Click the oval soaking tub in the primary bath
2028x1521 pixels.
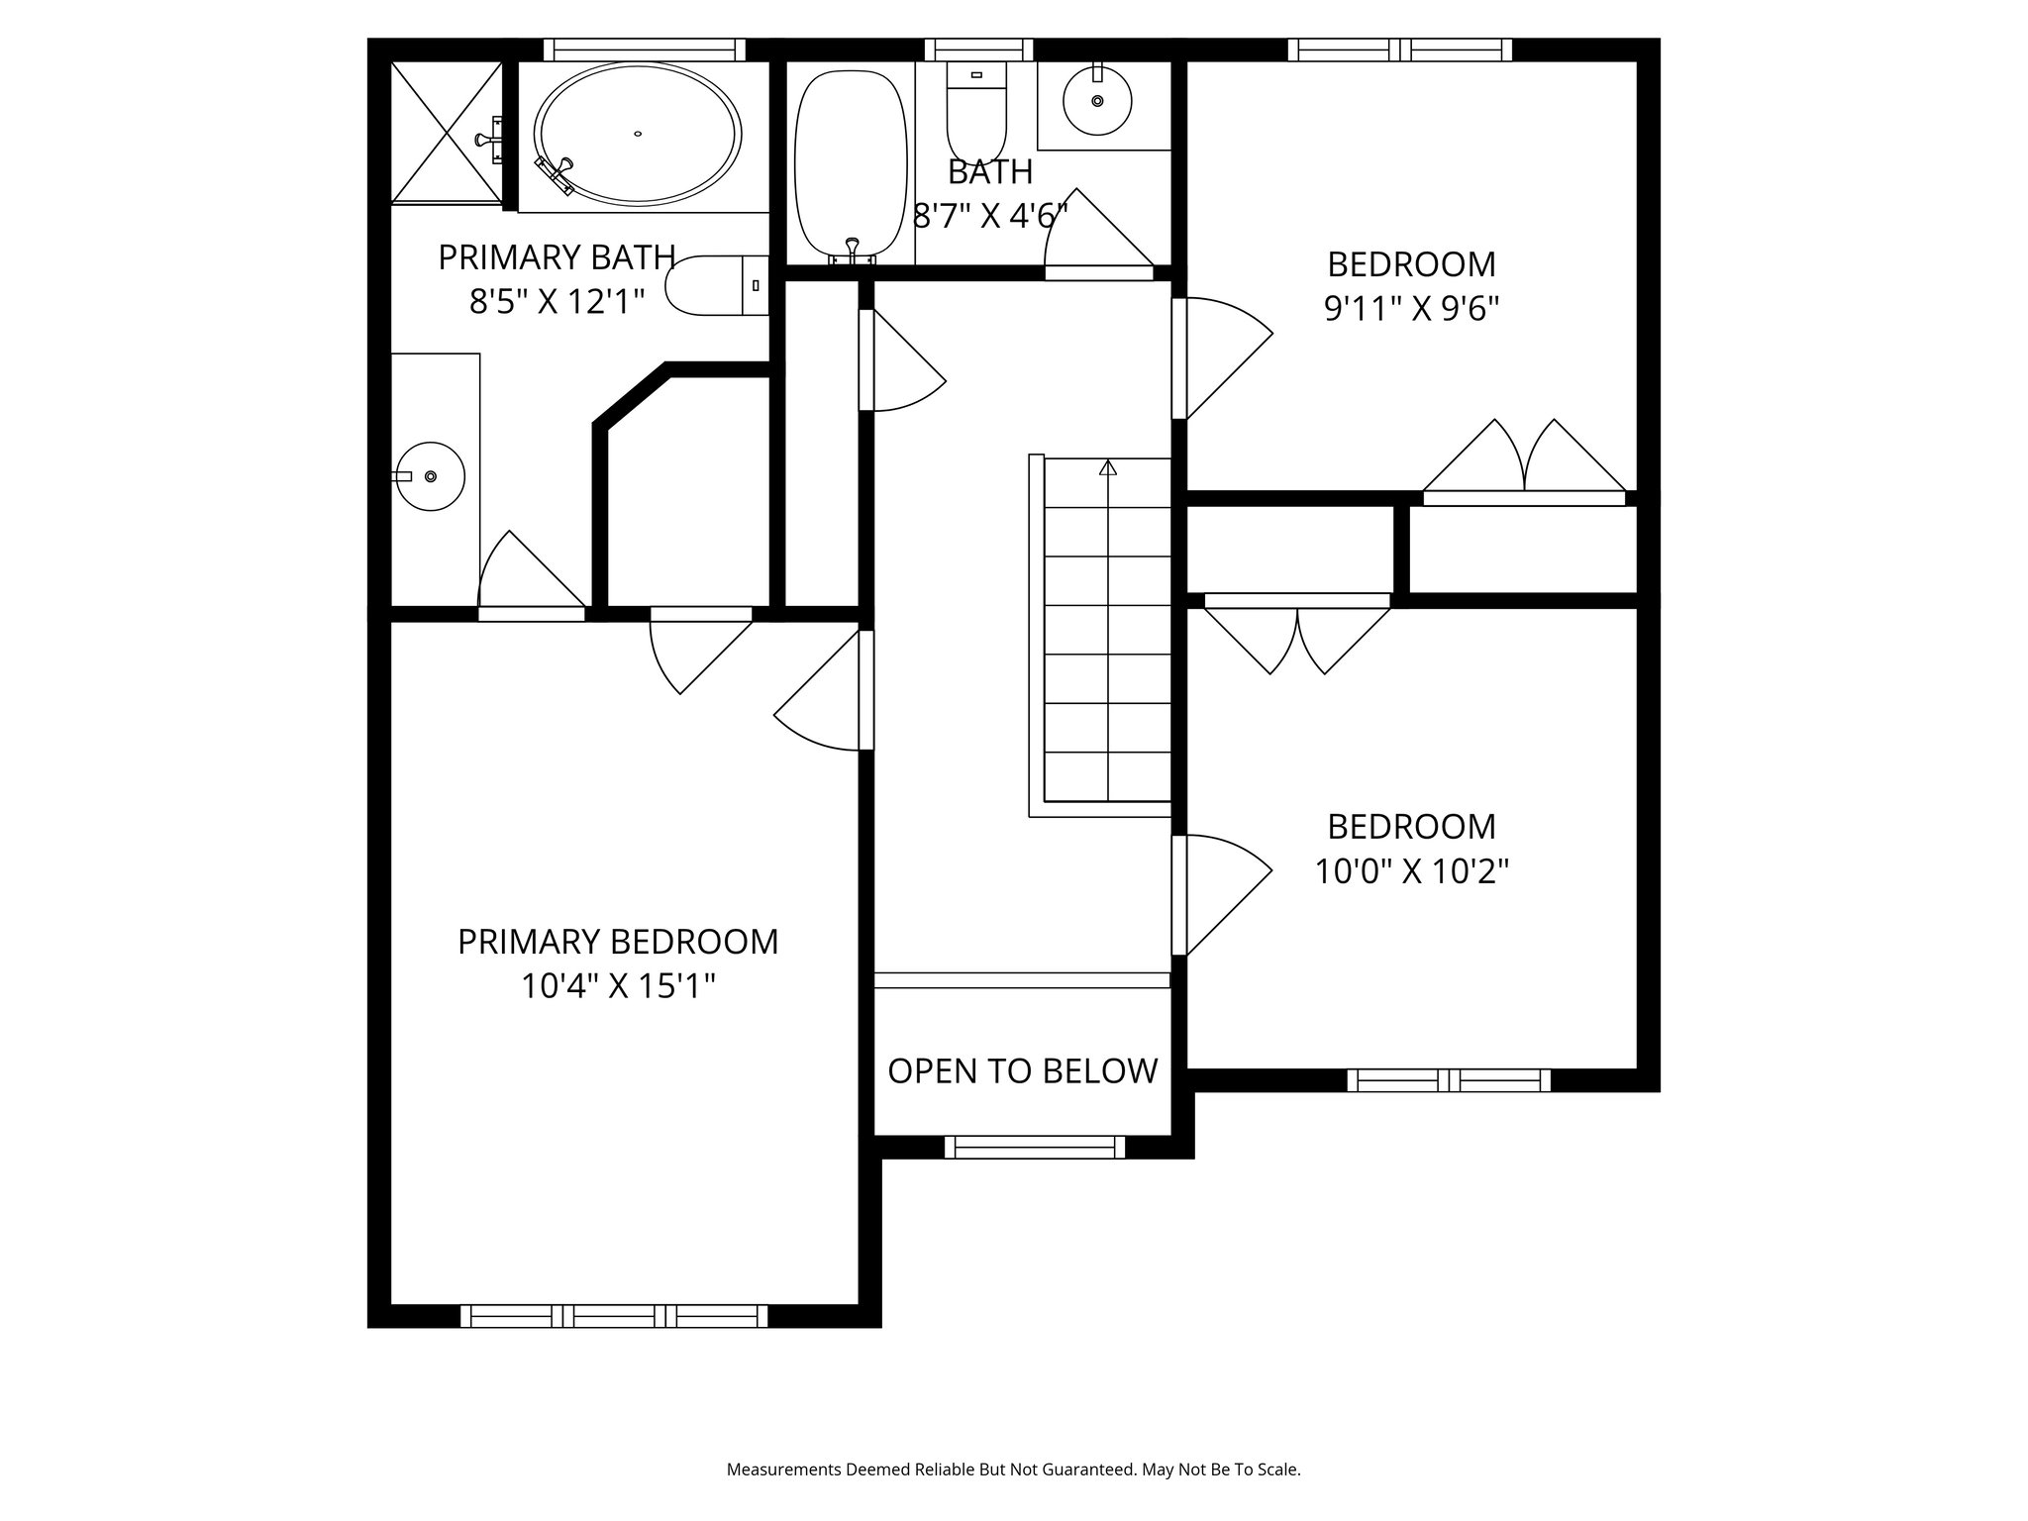[x=637, y=134]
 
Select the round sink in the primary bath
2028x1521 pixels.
[x=430, y=476]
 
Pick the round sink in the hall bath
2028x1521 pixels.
[x=1097, y=100]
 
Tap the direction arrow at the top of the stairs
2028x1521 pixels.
[x=1107, y=467]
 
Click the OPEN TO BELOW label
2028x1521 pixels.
[x=1022, y=1070]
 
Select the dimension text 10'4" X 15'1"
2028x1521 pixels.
[x=618, y=986]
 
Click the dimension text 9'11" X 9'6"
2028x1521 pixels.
[x=1411, y=310]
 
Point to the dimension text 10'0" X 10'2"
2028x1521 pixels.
[x=1411, y=871]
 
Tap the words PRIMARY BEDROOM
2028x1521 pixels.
[x=618, y=942]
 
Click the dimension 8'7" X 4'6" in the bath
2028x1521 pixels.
[x=990, y=216]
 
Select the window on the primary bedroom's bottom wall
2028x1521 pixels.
[x=614, y=1316]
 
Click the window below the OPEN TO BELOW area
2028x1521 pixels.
[x=1034, y=1148]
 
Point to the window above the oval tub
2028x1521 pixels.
[x=645, y=50]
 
